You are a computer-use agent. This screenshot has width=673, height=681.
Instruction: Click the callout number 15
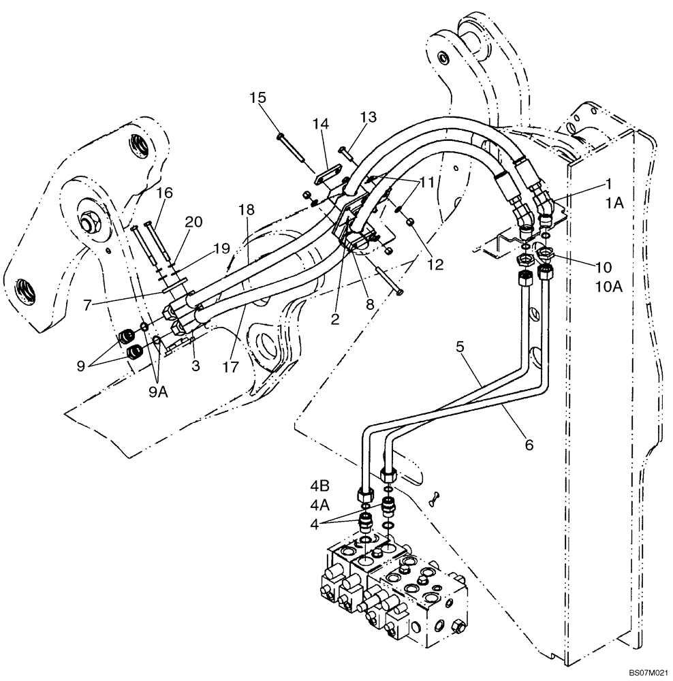point(257,98)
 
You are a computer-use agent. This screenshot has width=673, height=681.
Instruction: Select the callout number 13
point(369,117)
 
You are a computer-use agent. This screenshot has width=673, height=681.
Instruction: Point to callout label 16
point(164,194)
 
